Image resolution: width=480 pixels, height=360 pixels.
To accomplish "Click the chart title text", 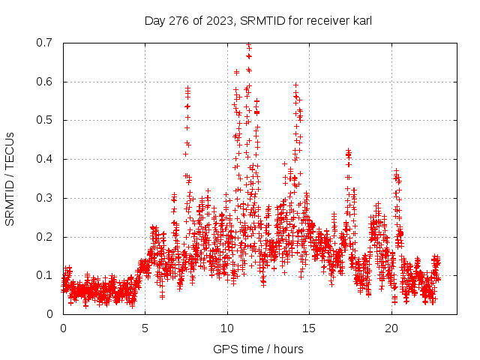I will point(258,20).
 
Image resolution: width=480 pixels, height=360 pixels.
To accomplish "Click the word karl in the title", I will point(361,20).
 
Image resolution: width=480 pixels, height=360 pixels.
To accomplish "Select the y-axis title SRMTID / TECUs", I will point(10,178).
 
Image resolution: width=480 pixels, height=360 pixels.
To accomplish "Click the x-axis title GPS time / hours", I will point(258,349).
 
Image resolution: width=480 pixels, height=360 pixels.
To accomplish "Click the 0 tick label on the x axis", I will point(63,328).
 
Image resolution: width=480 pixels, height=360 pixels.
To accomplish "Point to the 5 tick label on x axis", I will point(145,328).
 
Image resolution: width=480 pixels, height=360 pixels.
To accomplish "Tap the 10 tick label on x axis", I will point(227,328).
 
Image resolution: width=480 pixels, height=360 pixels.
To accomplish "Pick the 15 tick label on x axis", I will point(310,328).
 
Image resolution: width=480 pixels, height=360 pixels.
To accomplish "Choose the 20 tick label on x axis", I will point(391,328).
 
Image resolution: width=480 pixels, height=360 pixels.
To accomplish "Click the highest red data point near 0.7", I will point(248,44).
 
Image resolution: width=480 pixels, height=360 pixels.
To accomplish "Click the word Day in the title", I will point(154,20).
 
